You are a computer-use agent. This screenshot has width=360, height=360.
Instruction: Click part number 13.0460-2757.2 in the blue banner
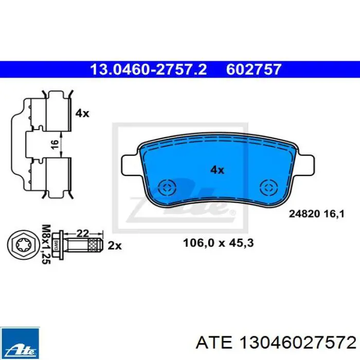tap(149, 69)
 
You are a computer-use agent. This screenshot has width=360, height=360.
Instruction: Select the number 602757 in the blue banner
tap(254, 69)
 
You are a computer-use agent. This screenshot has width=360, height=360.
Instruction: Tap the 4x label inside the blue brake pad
tap(217, 170)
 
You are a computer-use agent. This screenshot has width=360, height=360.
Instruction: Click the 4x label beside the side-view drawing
tap(82, 114)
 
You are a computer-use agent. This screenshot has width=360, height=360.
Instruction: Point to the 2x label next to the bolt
tap(115, 246)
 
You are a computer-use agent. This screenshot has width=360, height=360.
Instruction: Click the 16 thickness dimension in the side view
tap(55, 145)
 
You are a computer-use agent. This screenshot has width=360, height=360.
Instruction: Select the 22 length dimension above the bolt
tap(82, 233)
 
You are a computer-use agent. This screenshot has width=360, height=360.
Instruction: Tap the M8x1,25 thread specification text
tap(46, 244)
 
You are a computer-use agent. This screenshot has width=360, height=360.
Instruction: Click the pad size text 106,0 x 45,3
tap(219, 243)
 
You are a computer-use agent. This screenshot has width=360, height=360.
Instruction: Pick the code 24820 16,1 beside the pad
tap(317, 214)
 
